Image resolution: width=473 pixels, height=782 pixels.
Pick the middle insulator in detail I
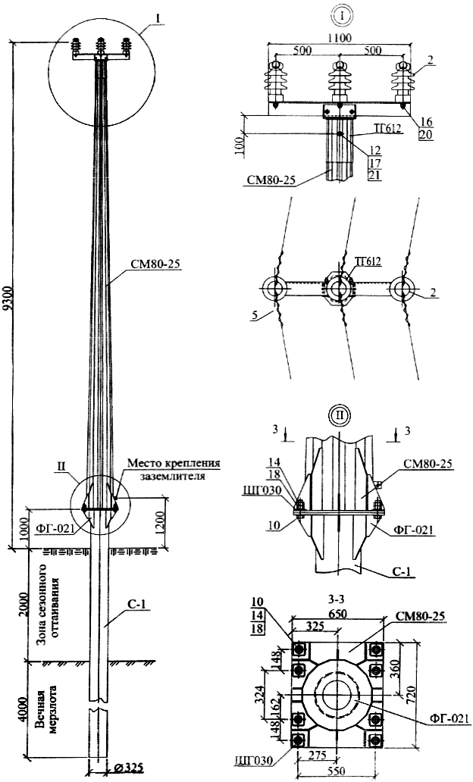(337, 80)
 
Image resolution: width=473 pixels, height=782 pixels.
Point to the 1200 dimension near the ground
(172, 518)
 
